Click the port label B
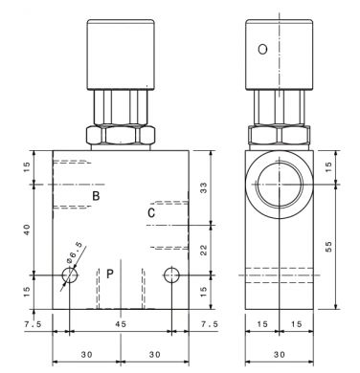pyautogui.click(x=96, y=196)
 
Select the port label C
pyautogui.click(x=151, y=212)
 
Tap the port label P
pyautogui.click(x=110, y=274)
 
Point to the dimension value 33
pyautogui.click(x=203, y=188)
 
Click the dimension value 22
pyautogui.click(x=203, y=250)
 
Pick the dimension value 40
pyautogui.click(x=27, y=230)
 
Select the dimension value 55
pyautogui.click(x=328, y=246)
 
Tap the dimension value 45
pyautogui.click(x=121, y=324)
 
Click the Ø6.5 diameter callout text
pyautogui.click(x=75, y=252)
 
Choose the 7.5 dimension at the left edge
pyautogui.click(x=33, y=324)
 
